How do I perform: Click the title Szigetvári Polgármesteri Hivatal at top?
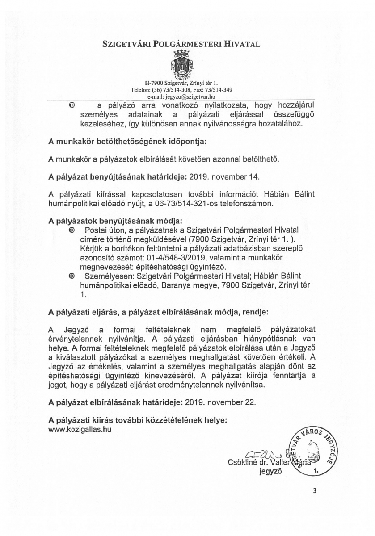tap(187, 44)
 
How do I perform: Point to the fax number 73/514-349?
tap(218, 89)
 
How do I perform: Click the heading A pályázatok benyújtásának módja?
tap(116, 221)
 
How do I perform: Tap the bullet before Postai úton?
tap(72, 230)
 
